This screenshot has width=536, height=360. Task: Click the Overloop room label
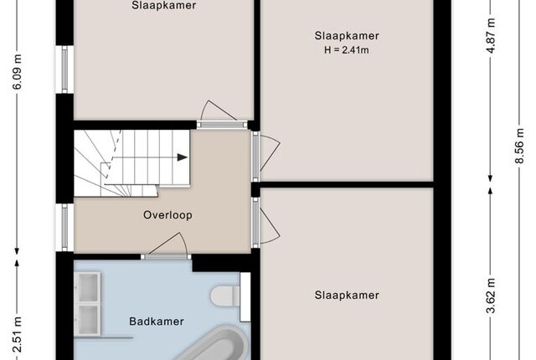coord(167,215)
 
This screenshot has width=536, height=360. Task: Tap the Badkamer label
coord(157,321)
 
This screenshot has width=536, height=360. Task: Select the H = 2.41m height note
coord(347,50)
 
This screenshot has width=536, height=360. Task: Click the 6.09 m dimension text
coord(17,72)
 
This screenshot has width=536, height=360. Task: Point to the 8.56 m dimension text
coord(519,146)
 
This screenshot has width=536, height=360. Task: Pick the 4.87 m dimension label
coord(491,35)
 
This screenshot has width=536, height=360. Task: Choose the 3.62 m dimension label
coord(491,296)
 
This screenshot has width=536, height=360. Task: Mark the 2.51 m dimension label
coord(17,335)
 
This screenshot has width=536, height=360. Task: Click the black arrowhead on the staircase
coord(183,157)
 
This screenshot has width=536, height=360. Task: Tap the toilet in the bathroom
coord(225,296)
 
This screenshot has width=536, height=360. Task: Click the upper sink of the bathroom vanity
coord(87,287)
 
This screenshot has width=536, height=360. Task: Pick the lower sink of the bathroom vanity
coord(87,320)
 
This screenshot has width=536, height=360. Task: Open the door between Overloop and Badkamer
coord(167,256)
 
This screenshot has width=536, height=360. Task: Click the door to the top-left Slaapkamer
coord(222,124)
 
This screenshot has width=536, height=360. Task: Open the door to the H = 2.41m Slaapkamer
coord(256,157)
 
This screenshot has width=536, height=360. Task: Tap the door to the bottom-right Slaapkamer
coord(256,223)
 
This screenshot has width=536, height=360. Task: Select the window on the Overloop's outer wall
coord(64,228)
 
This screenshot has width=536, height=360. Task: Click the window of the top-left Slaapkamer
coord(64,69)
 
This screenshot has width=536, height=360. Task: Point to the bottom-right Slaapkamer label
coord(347,296)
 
